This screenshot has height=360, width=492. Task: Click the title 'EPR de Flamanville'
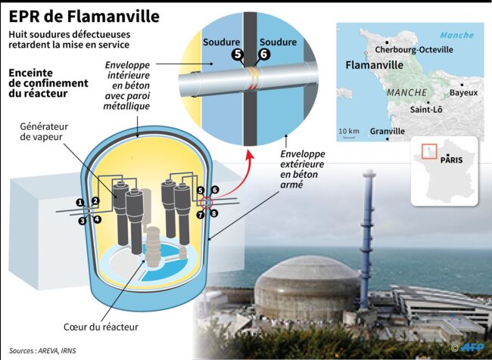tap(84, 17)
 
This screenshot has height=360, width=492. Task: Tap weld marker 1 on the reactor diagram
tap(81, 203)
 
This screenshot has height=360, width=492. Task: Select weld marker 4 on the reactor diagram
tap(98, 219)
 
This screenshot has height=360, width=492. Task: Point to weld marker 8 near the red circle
tap(214, 213)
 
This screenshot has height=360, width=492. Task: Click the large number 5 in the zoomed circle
tap(238, 54)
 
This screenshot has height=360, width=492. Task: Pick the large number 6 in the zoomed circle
tap(264, 54)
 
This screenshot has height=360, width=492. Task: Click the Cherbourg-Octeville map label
tap(414, 50)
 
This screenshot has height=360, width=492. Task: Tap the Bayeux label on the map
tap(463, 92)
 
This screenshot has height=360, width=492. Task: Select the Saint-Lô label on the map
tap(426, 110)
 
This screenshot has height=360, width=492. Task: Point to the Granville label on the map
tap(388, 131)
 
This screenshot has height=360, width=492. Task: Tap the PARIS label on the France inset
tap(452, 160)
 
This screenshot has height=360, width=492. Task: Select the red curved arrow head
tap(250, 154)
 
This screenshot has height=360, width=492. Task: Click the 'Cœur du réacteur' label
tap(101, 327)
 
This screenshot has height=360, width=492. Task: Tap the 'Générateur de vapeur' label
tap(44, 132)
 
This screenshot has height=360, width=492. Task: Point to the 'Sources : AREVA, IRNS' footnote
tap(42, 351)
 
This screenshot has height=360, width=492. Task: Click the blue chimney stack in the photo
tap(367, 238)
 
